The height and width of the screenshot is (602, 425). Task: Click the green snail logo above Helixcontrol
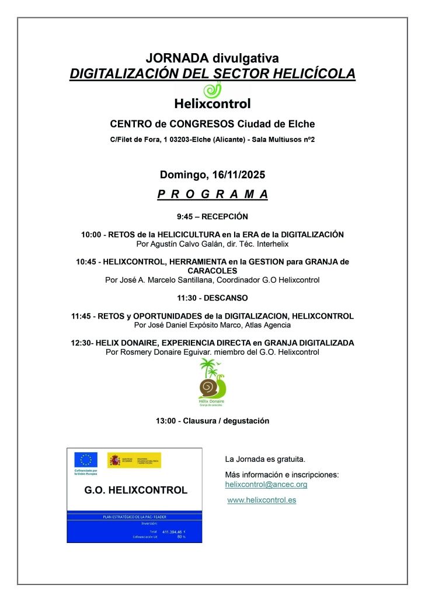pyautogui.click(x=212, y=90)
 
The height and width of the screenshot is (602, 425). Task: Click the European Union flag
pyautogui.click(x=86, y=459)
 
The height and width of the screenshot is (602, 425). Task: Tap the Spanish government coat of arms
pyautogui.click(x=114, y=460)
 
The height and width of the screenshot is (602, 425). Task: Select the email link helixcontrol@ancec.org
pyautogui.click(x=266, y=485)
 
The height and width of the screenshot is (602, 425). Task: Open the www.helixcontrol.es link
pyautogui.click(x=262, y=500)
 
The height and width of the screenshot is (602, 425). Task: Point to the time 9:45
pyautogui.click(x=186, y=216)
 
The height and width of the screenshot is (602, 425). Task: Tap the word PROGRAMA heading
pyautogui.click(x=212, y=195)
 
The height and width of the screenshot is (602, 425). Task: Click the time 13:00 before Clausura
pyautogui.click(x=166, y=421)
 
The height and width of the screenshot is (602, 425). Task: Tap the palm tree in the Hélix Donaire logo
pyautogui.click(x=207, y=368)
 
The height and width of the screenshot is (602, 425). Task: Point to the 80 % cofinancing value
pyautogui.click(x=180, y=537)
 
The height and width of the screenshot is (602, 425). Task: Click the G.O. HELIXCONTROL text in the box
pyautogui.click(x=136, y=490)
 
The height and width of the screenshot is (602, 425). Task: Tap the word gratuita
pyautogui.click(x=291, y=459)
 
